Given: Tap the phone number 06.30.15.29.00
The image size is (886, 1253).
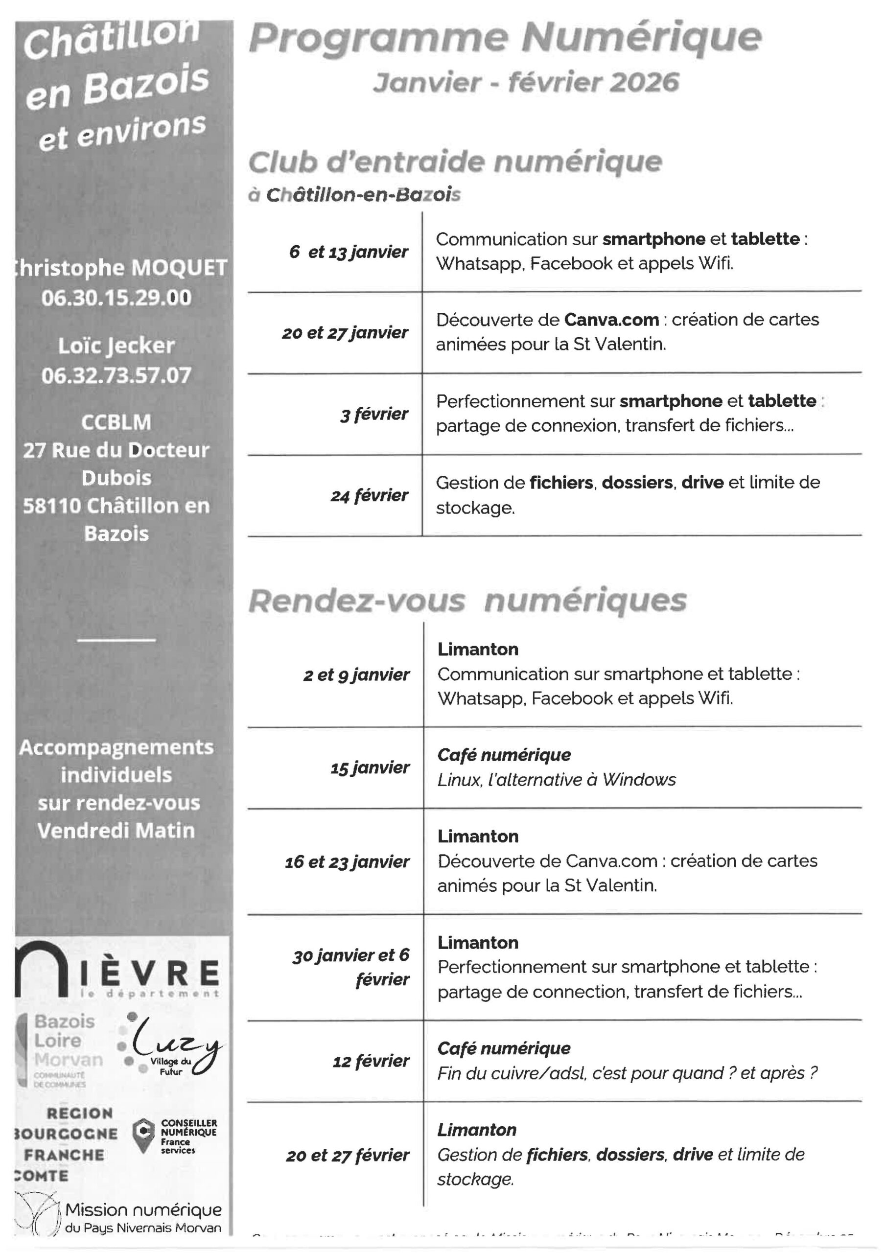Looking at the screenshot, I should click(x=117, y=298).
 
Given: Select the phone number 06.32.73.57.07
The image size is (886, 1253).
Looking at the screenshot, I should click(x=117, y=375).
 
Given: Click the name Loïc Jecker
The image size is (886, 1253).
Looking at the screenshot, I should click(x=117, y=346).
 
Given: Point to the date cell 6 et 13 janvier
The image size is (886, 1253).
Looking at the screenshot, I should click(x=349, y=252).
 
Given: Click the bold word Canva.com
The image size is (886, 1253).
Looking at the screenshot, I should click(x=611, y=320).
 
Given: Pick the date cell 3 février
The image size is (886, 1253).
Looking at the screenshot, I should click(x=374, y=414).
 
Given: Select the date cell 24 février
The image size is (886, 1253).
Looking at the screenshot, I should click(x=369, y=495).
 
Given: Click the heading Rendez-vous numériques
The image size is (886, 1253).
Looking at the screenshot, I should click(x=467, y=601).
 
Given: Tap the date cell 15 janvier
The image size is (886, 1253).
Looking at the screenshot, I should click(x=370, y=768).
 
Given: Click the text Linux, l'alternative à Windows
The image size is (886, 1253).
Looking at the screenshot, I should click(x=556, y=780).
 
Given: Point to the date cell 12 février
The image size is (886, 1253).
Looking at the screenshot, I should click(x=371, y=1061).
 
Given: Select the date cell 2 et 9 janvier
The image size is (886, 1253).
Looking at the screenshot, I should click(x=356, y=675).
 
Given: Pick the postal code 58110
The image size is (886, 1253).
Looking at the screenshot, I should click(x=52, y=506).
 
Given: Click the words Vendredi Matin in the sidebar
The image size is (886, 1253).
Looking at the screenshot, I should click(x=117, y=831).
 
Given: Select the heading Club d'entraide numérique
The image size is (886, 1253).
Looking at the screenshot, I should click(x=455, y=162).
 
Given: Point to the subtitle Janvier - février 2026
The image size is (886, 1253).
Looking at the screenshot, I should click(x=526, y=83).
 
